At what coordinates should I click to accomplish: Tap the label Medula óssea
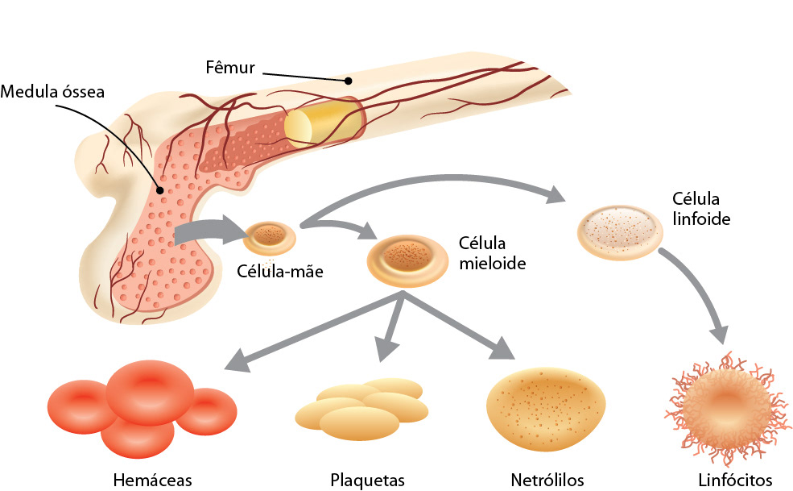coord(52,91)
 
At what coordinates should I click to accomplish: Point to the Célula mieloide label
coord(492,252)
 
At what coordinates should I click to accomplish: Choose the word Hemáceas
coord(153,481)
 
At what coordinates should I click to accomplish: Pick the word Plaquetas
coord(366,481)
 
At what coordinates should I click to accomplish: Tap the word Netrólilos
coord(547,481)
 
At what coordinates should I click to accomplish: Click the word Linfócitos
coord(737,481)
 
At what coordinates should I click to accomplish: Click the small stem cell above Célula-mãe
coord(270,237)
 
